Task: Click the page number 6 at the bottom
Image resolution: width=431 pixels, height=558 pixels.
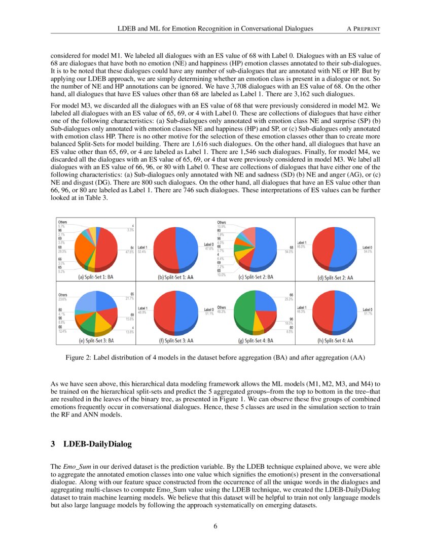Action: coord(215,526)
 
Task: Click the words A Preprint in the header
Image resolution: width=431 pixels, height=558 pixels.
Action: coord(363,29)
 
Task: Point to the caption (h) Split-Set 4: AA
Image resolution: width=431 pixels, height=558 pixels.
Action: coord(335,341)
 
